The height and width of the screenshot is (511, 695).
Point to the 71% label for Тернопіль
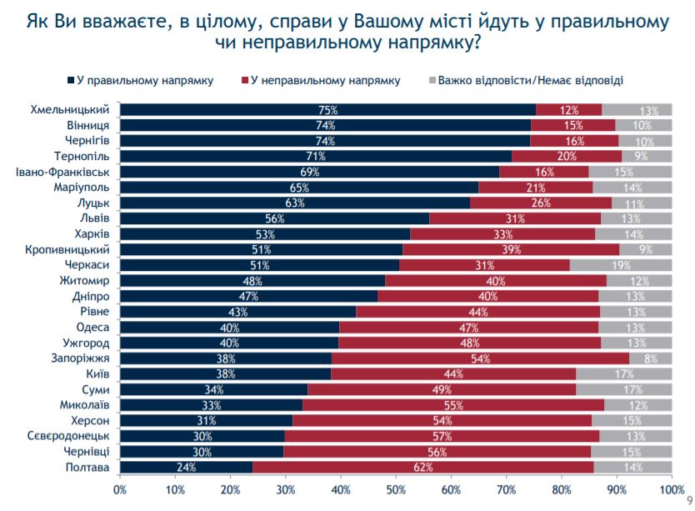tap(315, 156)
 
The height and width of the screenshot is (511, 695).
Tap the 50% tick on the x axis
tap(396, 487)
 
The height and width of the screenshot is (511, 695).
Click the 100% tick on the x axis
tap(670, 487)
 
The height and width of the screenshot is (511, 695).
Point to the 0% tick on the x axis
tap(120, 487)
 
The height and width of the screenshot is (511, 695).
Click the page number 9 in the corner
tap(688, 501)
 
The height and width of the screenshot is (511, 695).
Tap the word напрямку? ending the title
tap(439, 41)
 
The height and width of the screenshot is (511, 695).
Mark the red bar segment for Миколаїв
tap(454, 404)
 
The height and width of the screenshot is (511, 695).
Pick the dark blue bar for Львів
tap(275, 218)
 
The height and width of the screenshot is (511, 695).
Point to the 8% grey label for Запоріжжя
tap(652, 358)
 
